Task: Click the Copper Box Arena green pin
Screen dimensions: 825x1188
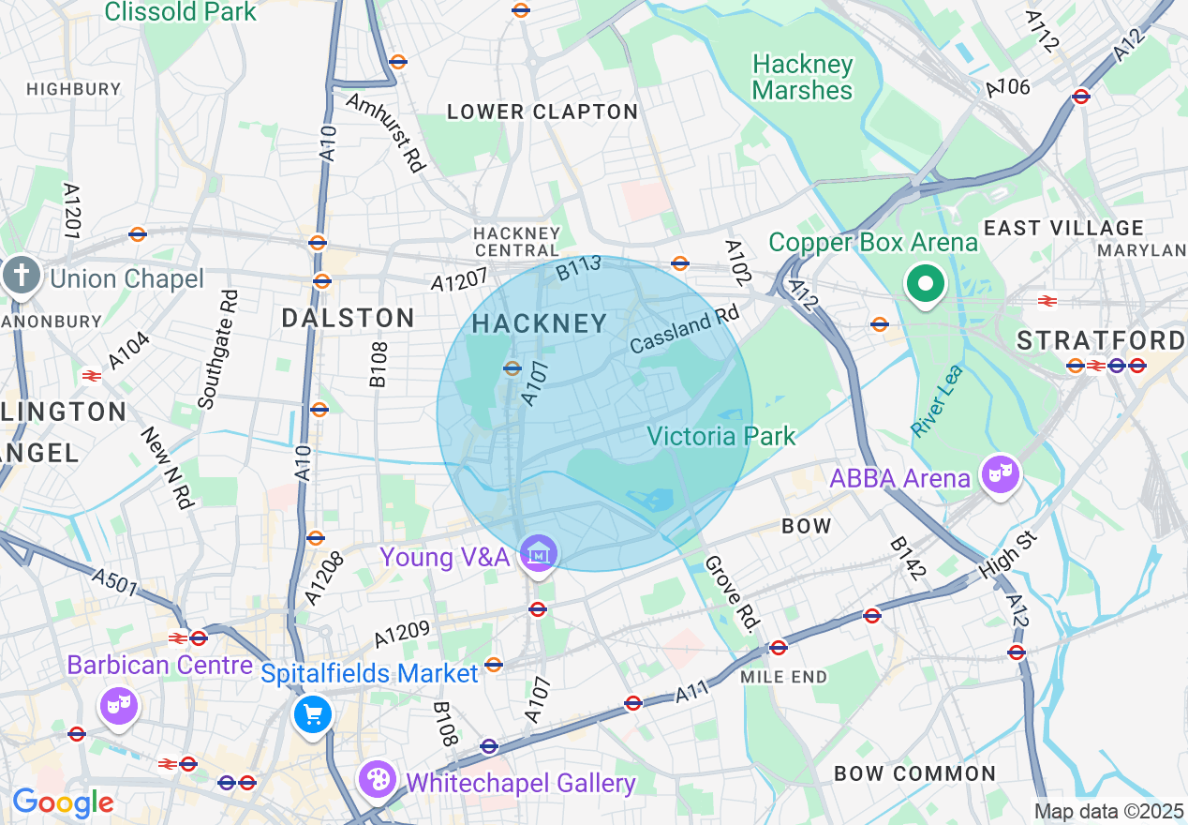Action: (x=926, y=283)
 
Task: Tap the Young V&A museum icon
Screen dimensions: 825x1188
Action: (x=539, y=555)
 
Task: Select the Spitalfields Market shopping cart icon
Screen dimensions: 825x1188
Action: (x=312, y=715)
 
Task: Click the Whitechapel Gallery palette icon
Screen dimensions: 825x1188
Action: (x=378, y=781)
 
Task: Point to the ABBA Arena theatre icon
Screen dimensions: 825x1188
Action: (x=1000, y=474)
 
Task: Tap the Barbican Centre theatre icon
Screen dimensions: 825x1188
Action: (x=120, y=706)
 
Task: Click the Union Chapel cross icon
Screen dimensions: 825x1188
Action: (x=20, y=277)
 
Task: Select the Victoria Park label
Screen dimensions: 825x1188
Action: (x=720, y=436)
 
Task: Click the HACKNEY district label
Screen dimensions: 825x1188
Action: (x=540, y=324)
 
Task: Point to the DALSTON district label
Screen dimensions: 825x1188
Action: (x=349, y=319)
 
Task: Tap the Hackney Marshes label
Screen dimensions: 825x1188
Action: (x=803, y=78)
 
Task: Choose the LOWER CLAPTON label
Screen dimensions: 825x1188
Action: (x=542, y=112)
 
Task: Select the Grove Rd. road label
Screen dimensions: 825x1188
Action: (x=731, y=592)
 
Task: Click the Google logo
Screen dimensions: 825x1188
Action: (x=62, y=802)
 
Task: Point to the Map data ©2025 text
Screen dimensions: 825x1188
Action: (x=1108, y=811)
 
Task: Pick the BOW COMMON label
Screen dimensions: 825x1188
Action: (x=914, y=774)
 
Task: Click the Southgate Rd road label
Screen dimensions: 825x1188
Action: (x=217, y=349)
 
